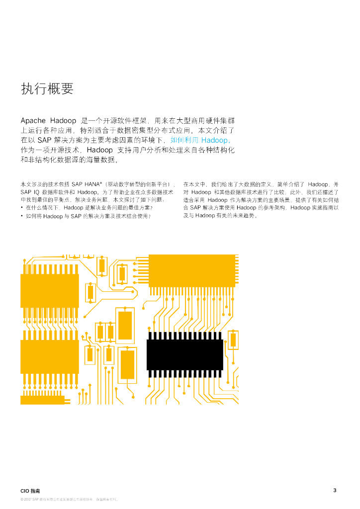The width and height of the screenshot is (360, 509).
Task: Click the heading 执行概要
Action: click(x=47, y=89)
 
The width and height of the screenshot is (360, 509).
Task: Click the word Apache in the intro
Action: click(x=33, y=121)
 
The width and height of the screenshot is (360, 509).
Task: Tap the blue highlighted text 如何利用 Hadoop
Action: click(x=198, y=141)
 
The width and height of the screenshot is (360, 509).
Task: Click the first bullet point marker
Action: click(x=22, y=207)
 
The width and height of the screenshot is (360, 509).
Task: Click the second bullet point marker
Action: click(x=22, y=216)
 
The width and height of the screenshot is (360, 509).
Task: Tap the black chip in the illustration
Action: click(x=184, y=355)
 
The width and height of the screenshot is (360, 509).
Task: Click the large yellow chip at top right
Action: click(x=192, y=271)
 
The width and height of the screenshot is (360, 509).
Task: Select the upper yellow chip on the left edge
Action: click(x=49, y=291)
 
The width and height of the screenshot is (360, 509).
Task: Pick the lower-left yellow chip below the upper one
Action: click(x=49, y=357)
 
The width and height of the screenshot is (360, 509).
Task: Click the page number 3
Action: click(x=335, y=491)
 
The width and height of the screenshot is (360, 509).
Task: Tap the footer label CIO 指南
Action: click(x=31, y=491)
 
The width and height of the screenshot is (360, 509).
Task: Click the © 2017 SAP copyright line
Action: click(x=68, y=499)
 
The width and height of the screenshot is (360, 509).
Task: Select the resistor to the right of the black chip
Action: click(x=233, y=340)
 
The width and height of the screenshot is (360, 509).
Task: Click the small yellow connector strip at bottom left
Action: click(x=42, y=399)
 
